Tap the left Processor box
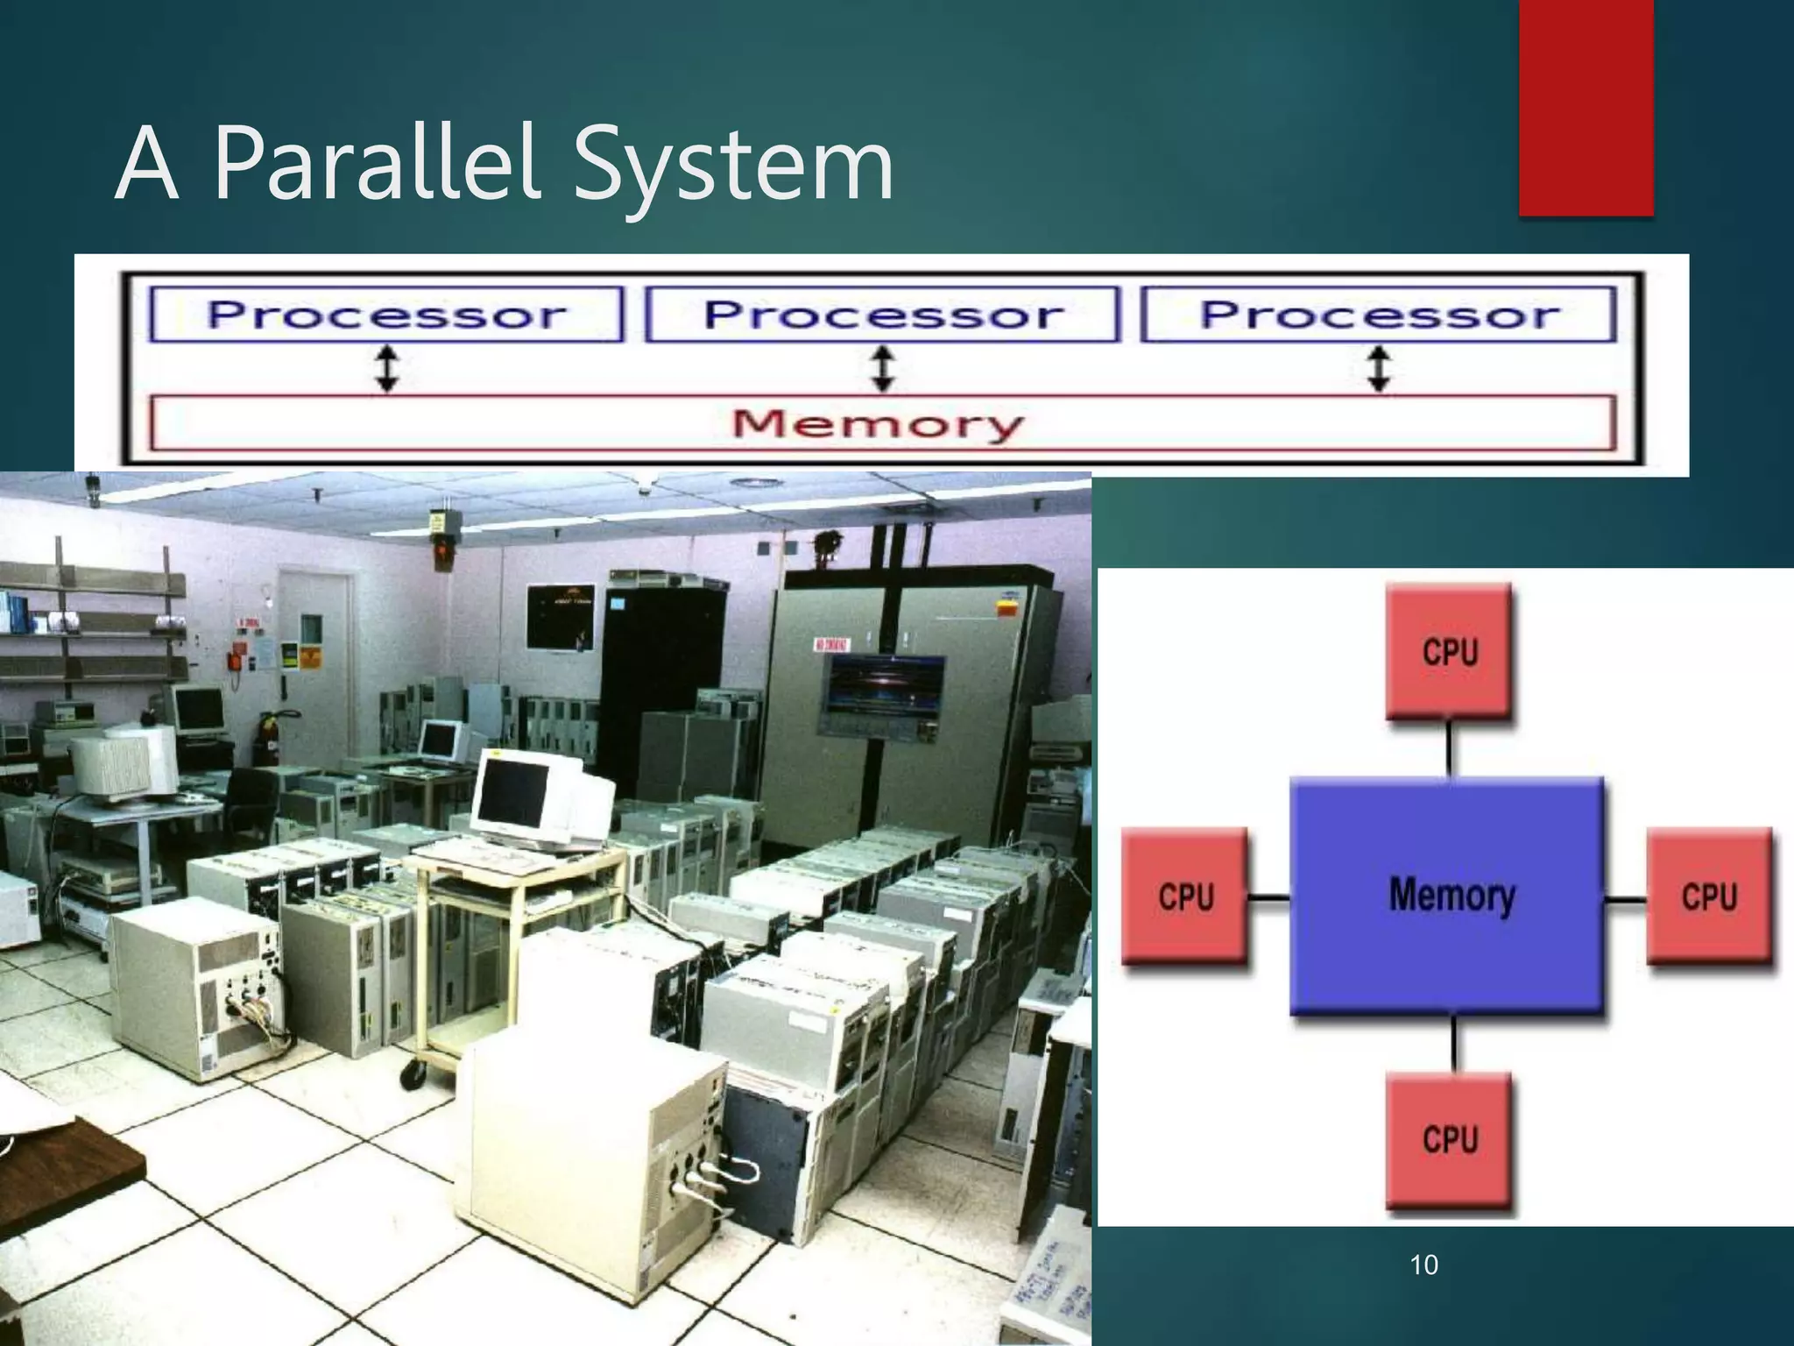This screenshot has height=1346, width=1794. point(386,314)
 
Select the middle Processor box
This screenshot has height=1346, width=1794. point(882,314)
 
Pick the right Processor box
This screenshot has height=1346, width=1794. point(1379,314)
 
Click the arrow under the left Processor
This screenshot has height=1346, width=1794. point(387,368)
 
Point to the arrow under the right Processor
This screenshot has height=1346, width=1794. point(1380,368)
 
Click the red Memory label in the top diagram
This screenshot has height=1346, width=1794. point(878,424)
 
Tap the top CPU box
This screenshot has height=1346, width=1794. point(1449,652)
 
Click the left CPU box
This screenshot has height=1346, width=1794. point(1184,897)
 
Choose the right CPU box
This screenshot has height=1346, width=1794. point(1708,897)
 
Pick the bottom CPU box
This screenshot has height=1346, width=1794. point(1449,1139)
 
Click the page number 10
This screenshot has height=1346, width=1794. point(1423,1265)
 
